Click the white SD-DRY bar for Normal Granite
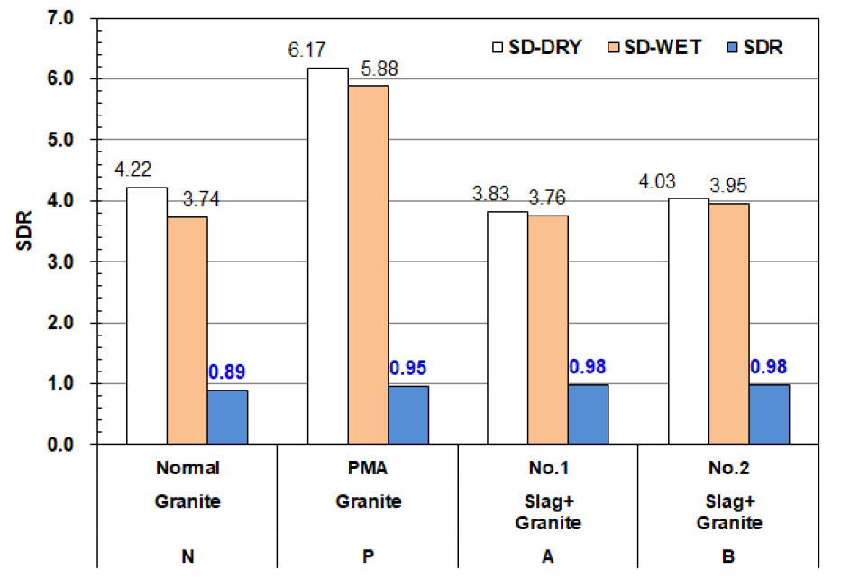click(x=147, y=316)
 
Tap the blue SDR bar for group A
click(x=588, y=414)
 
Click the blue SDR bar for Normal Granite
click(x=227, y=417)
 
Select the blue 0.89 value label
click(x=227, y=371)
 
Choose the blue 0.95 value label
click(x=408, y=367)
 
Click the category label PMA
click(x=368, y=468)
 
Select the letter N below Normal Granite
click(x=187, y=556)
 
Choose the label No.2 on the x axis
click(x=728, y=468)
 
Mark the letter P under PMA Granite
click(x=368, y=556)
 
